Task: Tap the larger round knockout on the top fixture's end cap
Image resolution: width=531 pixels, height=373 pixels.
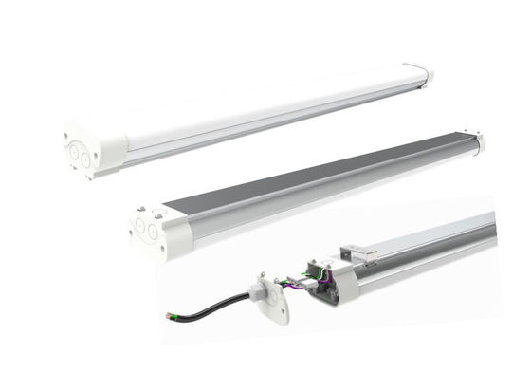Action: pos(77,151)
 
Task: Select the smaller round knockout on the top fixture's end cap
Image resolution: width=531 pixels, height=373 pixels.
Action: pos(87,161)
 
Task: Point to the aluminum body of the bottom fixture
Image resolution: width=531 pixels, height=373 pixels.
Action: pos(427,249)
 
